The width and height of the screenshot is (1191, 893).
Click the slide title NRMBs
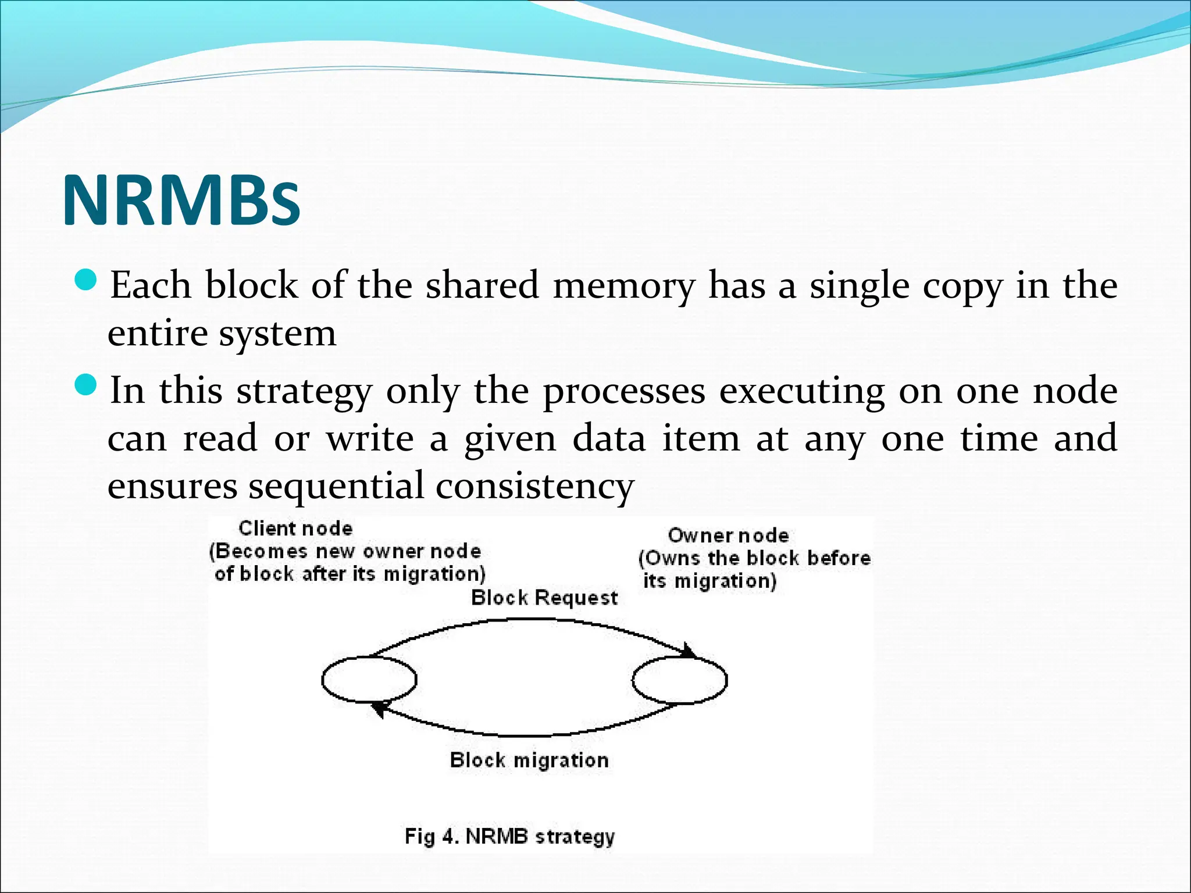tap(181, 199)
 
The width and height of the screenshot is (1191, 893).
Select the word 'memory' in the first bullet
tap(623, 287)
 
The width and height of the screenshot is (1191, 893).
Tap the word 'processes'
tap(624, 392)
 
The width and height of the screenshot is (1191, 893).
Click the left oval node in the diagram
tap(369, 679)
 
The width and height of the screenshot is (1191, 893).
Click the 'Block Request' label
tap(544, 598)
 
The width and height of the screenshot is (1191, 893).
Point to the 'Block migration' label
tap(529, 760)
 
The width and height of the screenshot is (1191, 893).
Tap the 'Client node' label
tap(295, 528)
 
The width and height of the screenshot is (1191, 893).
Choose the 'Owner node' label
tap(728, 535)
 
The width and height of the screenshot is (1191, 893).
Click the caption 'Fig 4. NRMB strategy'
tap(509, 837)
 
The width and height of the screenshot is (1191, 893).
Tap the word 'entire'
tap(158, 334)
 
